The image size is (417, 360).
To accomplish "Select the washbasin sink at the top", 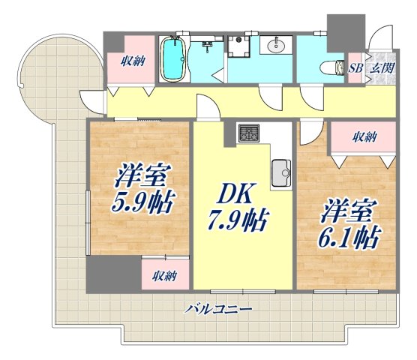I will click(x=275, y=46).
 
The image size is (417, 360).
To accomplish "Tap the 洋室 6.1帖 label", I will click(x=346, y=223).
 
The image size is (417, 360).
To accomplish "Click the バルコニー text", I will click(x=218, y=308).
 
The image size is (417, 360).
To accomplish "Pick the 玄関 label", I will click(x=382, y=67).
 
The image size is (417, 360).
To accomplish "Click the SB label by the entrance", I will click(x=356, y=67).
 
